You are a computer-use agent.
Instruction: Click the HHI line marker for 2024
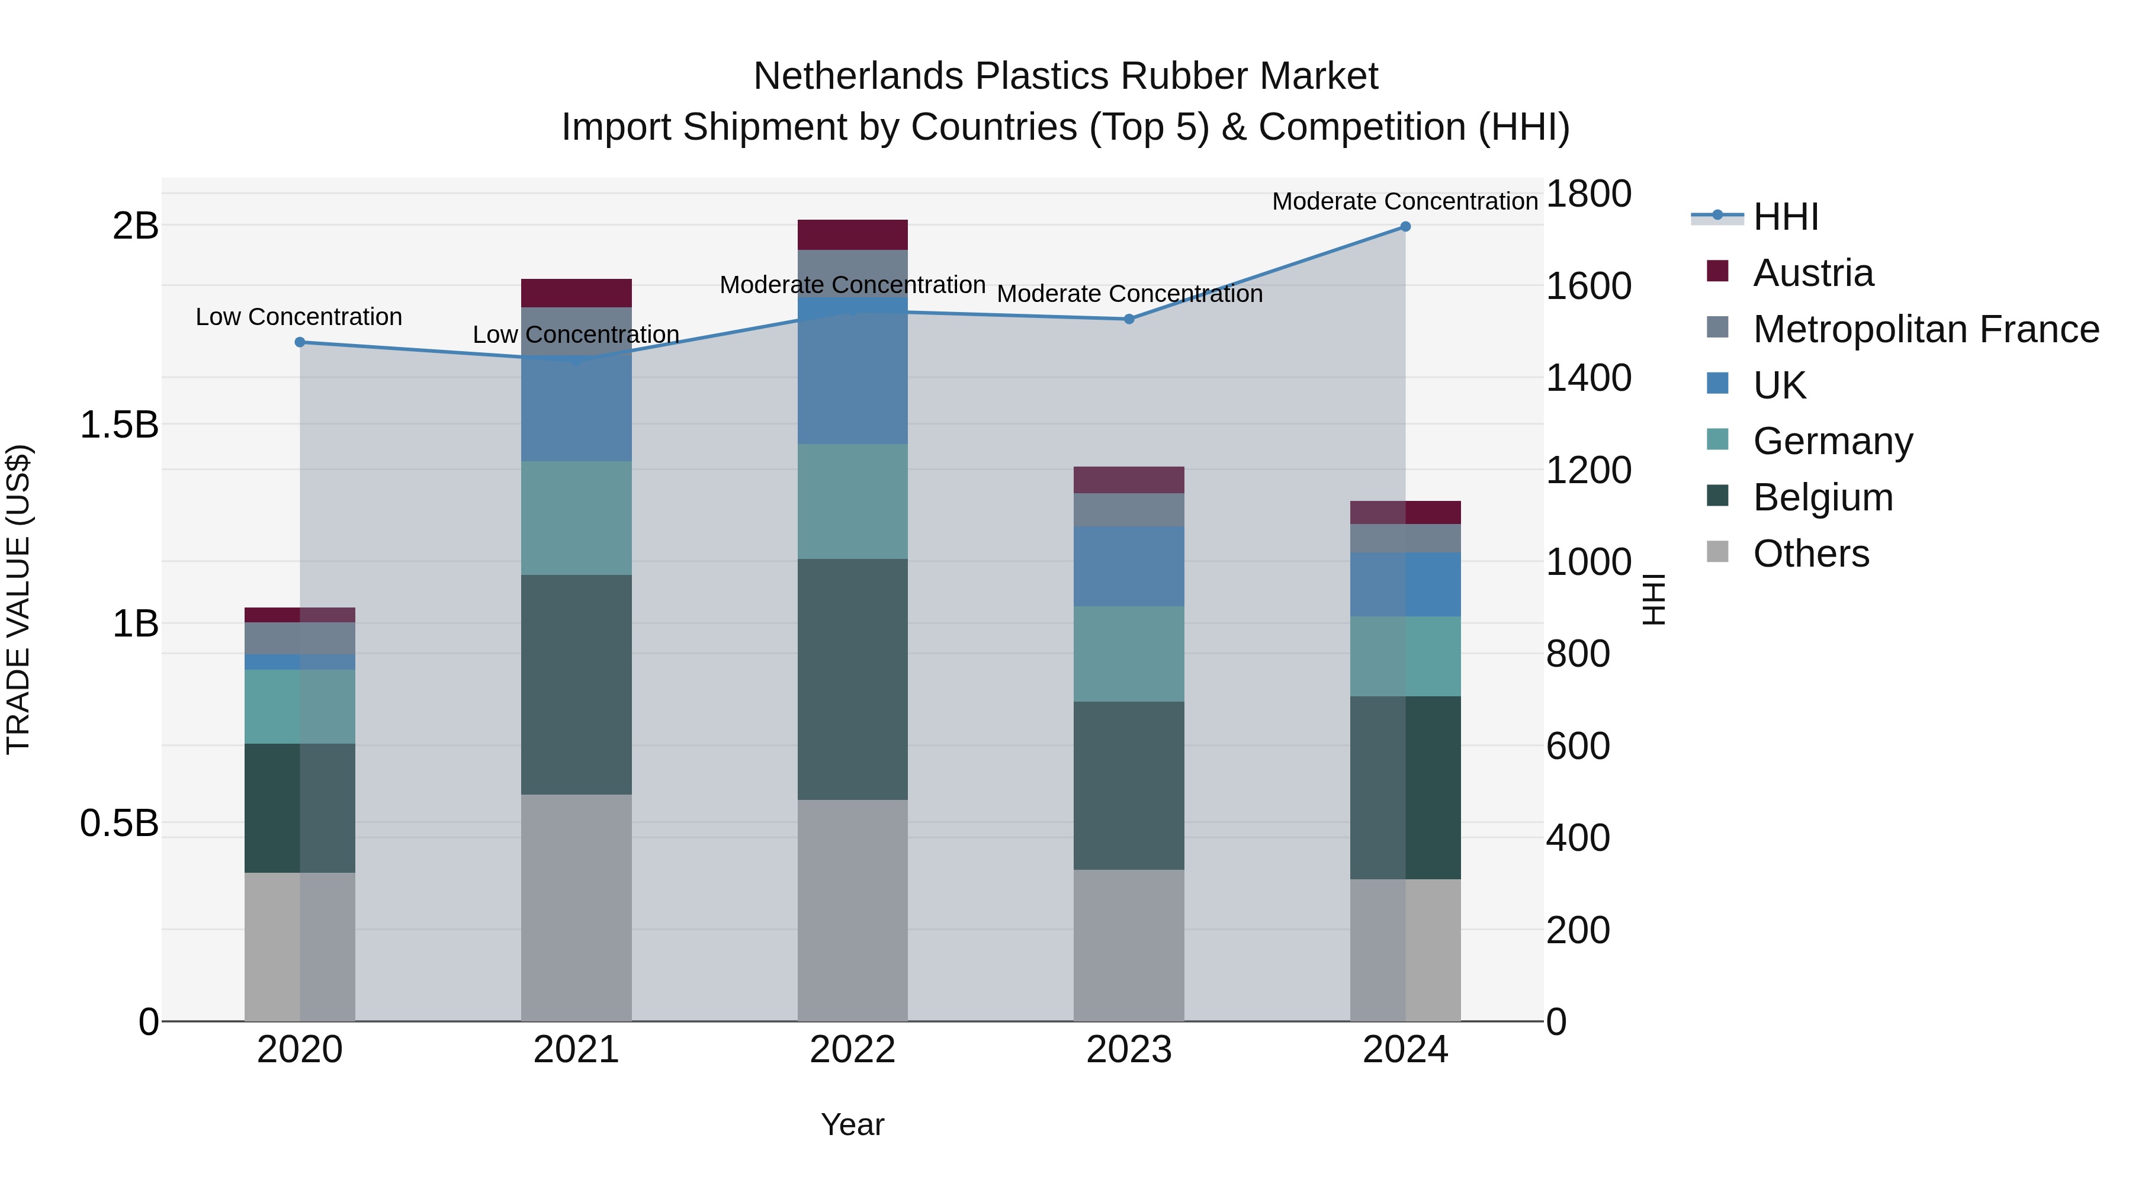[x=1405, y=227]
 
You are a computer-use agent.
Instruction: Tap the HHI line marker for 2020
[x=300, y=342]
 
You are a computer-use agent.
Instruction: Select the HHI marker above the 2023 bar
[x=1129, y=319]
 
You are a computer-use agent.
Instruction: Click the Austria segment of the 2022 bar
[x=852, y=235]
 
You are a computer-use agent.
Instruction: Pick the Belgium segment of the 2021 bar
[x=576, y=684]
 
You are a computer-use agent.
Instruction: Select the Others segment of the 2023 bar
[x=1129, y=945]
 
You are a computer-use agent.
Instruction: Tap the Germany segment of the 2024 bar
[x=1405, y=656]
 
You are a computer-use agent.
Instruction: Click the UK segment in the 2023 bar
[x=1129, y=566]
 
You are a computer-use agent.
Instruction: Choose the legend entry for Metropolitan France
[x=1926, y=329]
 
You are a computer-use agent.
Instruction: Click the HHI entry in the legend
[x=1785, y=217]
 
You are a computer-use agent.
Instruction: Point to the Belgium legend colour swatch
[x=1717, y=497]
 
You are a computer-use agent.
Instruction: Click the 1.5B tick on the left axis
[x=119, y=425]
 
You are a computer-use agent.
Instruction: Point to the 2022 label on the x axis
[x=852, y=1050]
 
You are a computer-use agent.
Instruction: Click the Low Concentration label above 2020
[x=299, y=317]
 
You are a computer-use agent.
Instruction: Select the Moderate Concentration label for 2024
[x=1405, y=201]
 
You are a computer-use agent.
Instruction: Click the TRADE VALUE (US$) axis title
[x=18, y=599]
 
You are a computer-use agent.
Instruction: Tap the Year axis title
[x=852, y=1124]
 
